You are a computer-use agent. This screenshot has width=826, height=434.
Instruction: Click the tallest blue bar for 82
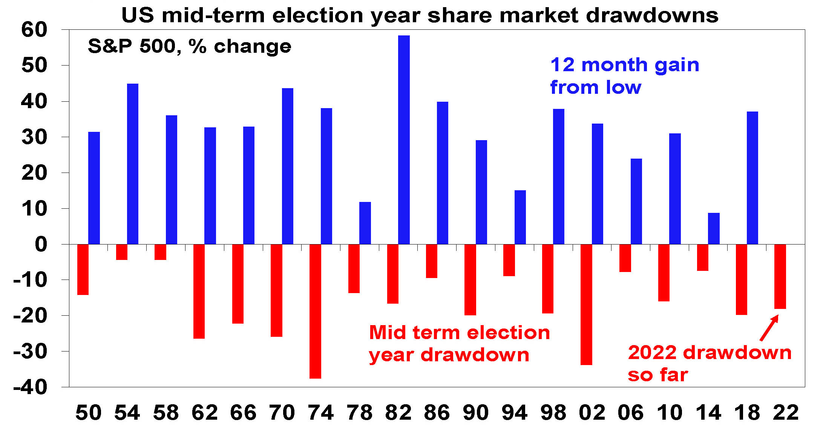point(404,140)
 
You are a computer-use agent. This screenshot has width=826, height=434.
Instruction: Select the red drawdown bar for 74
point(315,311)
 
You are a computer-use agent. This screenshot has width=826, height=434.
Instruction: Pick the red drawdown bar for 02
point(586,304)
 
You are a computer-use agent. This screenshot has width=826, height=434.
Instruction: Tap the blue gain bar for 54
point(133,164)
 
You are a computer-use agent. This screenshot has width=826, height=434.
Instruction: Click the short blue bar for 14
point(714,228)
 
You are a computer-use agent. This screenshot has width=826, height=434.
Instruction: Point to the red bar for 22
point(780,277)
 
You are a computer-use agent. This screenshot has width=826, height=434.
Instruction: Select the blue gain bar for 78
point(365,223)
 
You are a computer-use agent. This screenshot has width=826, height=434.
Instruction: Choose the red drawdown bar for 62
point(199,291)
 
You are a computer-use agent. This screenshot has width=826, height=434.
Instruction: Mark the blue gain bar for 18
point(752,178)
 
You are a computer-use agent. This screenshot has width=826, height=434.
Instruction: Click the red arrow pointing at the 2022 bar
point(769,328)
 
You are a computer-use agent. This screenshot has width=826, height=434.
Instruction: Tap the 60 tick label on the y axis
point(34,29)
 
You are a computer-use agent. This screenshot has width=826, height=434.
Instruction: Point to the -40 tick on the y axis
point(30,387)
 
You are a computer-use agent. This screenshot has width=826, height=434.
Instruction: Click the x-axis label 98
point(553,413)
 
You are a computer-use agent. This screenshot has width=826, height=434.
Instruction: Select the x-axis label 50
point(89,413)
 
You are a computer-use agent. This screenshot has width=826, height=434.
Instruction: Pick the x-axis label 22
point(786,413)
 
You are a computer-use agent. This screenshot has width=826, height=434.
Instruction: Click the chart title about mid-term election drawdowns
point(420,15)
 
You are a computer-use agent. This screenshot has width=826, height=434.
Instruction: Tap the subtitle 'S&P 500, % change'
point(190,46)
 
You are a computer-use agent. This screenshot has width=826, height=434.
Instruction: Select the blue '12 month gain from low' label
point(625,76)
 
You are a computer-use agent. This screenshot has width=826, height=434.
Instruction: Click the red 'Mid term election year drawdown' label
point(460,344)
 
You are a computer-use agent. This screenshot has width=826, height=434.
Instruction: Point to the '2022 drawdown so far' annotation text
point(710,363)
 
